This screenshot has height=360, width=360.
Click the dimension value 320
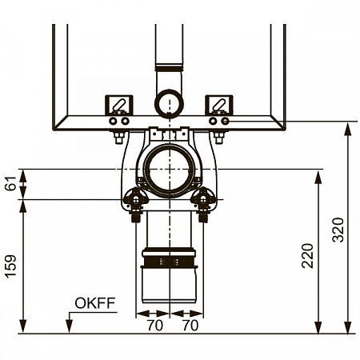point(338,230)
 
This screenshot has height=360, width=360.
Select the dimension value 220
point(307,256)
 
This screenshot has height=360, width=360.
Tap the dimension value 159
point(10,266)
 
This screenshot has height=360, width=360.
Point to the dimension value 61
point(11,183)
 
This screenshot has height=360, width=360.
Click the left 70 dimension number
point(155,326)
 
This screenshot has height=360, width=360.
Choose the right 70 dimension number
point(190,326)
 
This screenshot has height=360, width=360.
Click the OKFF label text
point(95,303)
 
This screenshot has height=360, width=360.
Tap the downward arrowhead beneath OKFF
point(69,326)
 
